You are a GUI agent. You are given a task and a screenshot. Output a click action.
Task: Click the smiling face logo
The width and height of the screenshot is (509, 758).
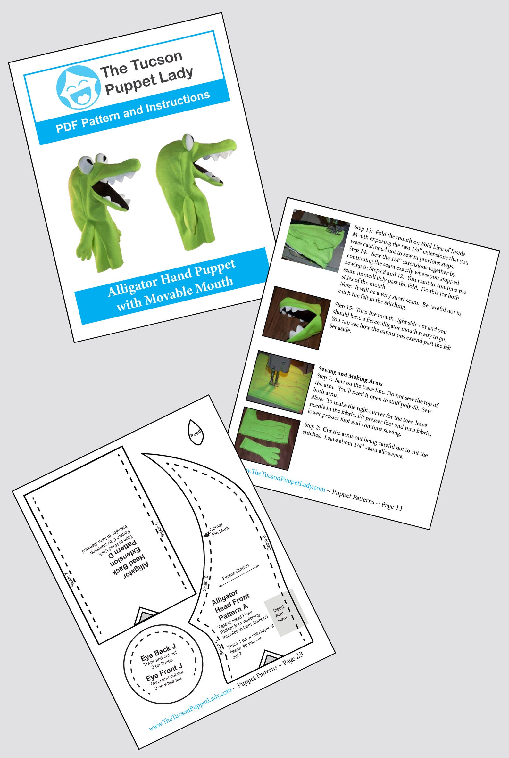78,87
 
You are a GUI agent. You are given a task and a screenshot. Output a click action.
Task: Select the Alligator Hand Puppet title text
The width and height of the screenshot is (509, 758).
171,285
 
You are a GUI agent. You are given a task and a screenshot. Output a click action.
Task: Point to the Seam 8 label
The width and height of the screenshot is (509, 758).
206,583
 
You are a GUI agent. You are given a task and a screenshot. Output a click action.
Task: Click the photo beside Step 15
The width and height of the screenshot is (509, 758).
294,317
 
